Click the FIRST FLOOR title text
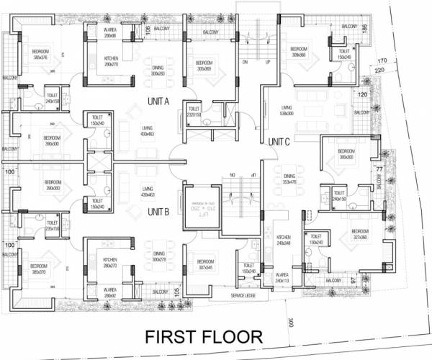[203, 337]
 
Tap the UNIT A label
[158, 102]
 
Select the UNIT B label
[158, 212]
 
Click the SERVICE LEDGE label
[243, 295]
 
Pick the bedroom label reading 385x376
[41, 54]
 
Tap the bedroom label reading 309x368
[300, 52]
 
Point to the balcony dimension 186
[366, 29]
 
